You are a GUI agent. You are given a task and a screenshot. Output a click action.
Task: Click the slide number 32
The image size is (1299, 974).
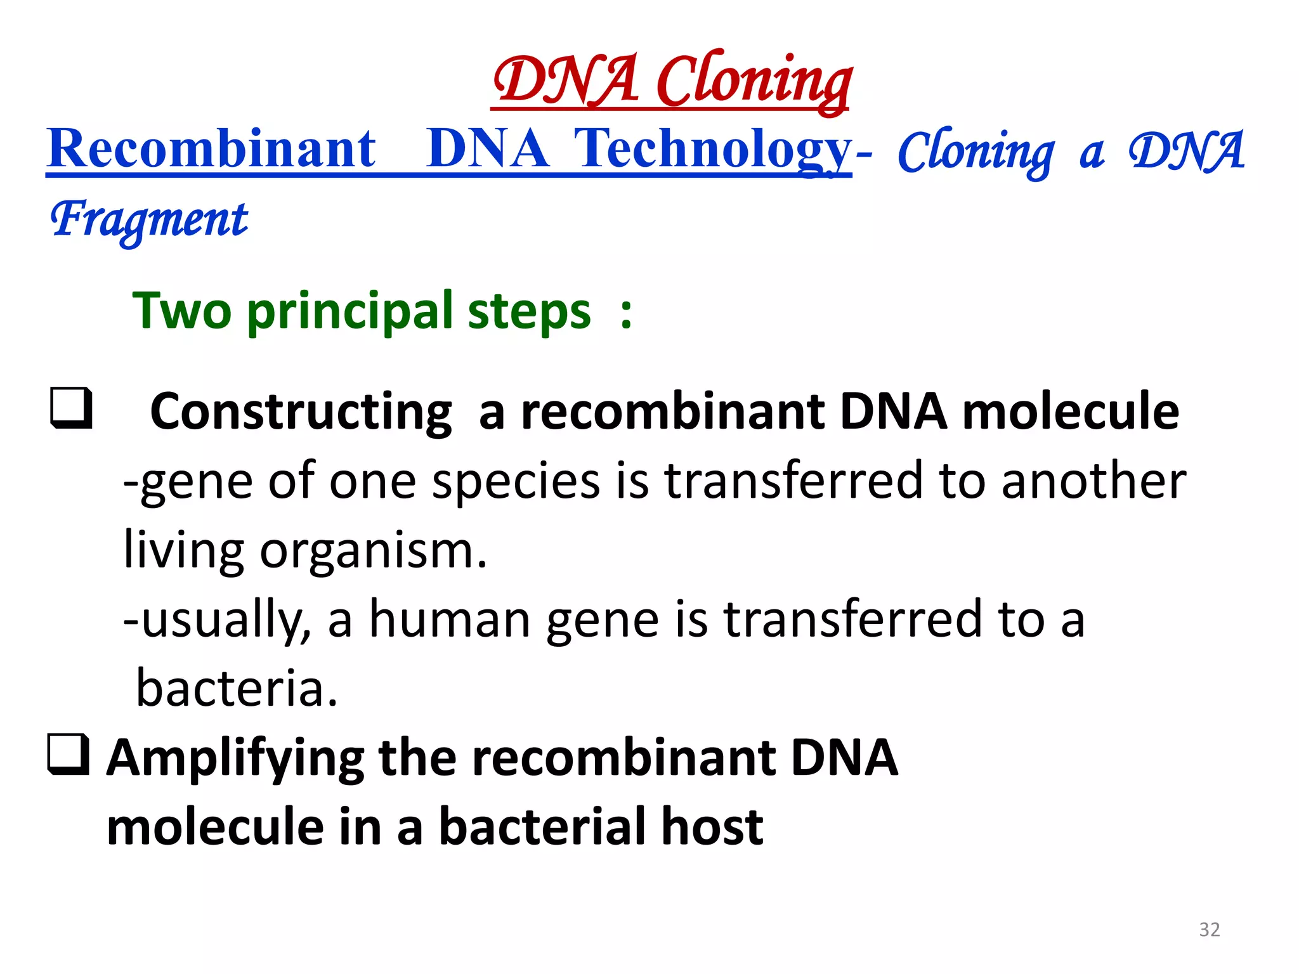(1210, 929)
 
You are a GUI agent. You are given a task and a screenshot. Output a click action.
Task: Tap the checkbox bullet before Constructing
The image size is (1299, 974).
(72, 408)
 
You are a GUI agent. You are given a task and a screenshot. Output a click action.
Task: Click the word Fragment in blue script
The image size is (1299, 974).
(149, 219)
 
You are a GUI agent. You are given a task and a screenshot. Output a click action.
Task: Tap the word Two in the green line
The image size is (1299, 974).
(182, 311)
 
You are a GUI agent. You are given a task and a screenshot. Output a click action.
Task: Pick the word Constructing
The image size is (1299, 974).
(301, 412)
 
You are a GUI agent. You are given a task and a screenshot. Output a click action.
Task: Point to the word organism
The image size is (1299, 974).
(373, 550)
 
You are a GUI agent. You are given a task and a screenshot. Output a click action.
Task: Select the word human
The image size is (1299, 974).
(450, 620)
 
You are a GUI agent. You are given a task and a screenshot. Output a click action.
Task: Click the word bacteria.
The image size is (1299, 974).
(236, 689)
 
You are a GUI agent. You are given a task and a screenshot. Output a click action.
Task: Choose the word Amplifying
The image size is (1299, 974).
(235, 758)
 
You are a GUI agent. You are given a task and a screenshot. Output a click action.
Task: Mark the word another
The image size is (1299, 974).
(1093, 481)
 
